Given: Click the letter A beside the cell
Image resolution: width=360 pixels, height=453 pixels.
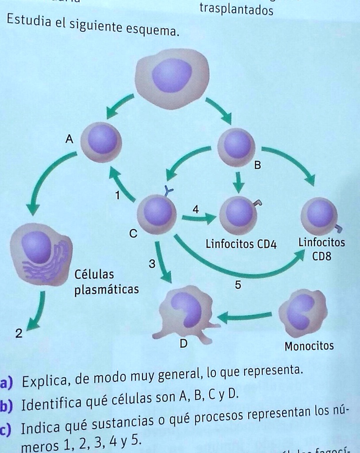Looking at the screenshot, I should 69,139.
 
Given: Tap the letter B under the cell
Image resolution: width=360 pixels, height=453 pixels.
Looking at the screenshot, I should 257,166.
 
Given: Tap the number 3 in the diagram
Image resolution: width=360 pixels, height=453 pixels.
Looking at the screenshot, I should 152,265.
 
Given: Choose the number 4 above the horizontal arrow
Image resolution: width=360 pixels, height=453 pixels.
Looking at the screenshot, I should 196,208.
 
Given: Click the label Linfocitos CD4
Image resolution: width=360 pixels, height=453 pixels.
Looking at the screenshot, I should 241,244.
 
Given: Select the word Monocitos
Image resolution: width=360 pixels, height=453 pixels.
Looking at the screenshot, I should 309,346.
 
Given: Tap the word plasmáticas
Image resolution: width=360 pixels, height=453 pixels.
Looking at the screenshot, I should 107,290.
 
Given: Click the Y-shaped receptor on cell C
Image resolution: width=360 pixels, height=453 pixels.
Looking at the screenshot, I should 168,191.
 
